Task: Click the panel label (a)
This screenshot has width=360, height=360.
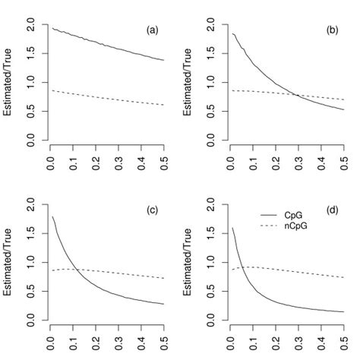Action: pos(152,30)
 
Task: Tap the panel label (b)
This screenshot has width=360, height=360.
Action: pos(331,30)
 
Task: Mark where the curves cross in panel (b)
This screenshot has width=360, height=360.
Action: pos(294,95)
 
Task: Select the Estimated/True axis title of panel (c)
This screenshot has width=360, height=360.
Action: pos(11,264)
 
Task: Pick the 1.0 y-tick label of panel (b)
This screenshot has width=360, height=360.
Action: pos(211,83)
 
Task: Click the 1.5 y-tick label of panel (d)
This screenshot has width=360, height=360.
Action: pos(211,234)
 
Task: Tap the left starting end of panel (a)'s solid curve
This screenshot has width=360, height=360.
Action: pos(51,28)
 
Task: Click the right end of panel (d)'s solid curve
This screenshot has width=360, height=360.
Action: pos(342,312)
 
